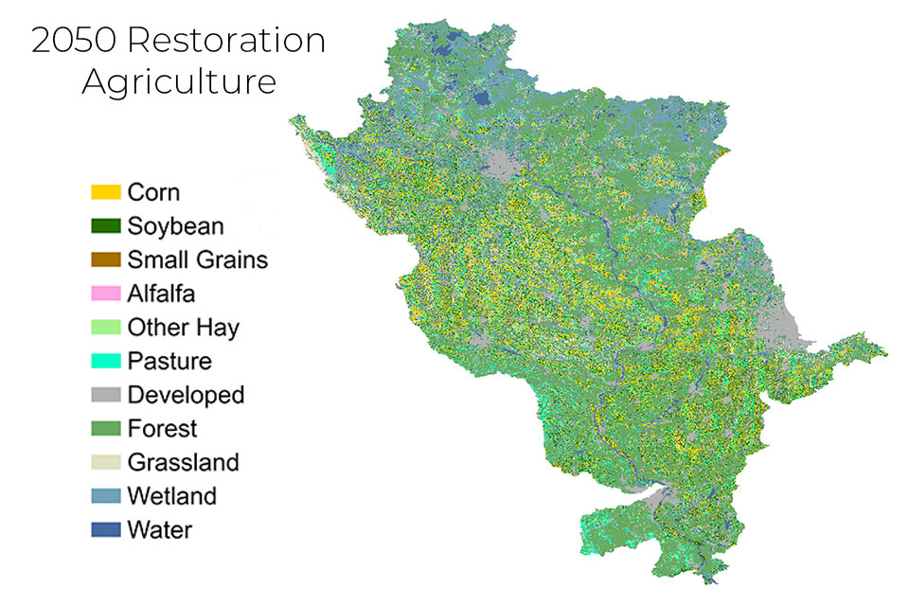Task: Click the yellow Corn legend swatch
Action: (x=106, y=192)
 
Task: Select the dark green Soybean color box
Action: (x=106, y=226)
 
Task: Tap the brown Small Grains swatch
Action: (x=106, y=259)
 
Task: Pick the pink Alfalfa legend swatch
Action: (x=106, y=294)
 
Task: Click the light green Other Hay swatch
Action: (x=106, y=328)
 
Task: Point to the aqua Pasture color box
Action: (x=106, y=361)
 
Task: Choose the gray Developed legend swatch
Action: (x=106, y=395)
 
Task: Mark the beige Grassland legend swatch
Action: (x=106, y=462)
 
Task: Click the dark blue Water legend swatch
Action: (x=106, y=529)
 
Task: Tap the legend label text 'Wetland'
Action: (x=172, y=496)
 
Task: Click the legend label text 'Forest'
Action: (x=162, y=429)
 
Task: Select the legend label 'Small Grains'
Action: (x=198, y=259)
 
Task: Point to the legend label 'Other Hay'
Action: (x=184, y=328)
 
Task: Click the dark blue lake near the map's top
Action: (x=482, y=98)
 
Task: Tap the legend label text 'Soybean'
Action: (x=175, y=226)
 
